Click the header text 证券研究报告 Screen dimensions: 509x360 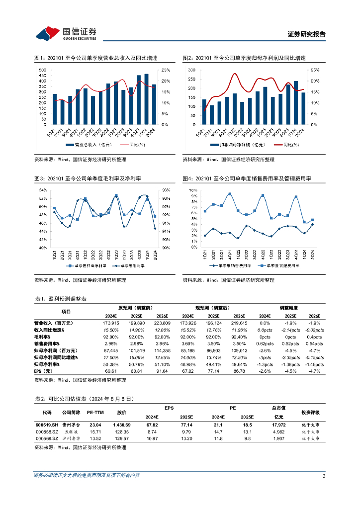307,34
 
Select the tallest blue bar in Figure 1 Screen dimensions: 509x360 146,99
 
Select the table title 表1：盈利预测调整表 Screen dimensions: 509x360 61,299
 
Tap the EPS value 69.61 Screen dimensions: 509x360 110,371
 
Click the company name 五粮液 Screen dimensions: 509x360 69,432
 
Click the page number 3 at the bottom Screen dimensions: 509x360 324,477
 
